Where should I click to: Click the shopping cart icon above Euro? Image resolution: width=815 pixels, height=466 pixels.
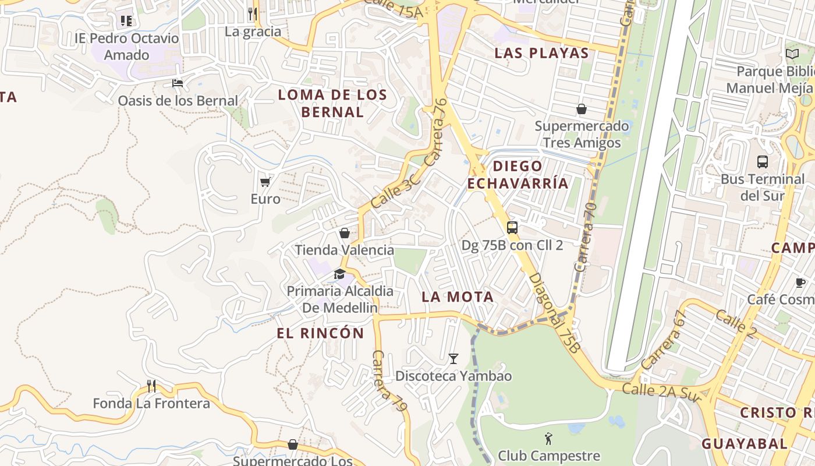pos(265,182)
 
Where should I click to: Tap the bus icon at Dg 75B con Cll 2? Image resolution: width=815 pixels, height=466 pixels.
pos(512,228)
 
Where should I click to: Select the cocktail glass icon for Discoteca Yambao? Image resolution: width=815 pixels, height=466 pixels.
pos(453,359)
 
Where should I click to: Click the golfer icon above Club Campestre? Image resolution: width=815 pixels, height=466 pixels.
pos(548,438)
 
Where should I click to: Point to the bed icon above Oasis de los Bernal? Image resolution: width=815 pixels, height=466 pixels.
pos(178,83)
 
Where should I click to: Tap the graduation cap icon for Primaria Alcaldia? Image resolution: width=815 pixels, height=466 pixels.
pos(339,274)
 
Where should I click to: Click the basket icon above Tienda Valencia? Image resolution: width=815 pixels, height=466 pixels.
pos(345,233)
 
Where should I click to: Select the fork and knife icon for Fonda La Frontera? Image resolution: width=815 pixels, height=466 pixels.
pos(151,386)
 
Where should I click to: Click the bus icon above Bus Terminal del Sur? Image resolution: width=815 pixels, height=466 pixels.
pos(762,162)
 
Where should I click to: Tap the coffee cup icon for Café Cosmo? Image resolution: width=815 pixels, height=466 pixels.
pos(800,283)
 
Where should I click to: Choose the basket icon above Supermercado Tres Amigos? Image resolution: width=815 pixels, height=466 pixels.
pos(581,109)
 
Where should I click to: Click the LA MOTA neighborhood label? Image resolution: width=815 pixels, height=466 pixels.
pos(458,296)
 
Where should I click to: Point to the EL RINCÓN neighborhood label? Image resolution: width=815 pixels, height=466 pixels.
pos(320,333)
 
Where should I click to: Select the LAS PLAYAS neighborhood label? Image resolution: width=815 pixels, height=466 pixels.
pos(541,53)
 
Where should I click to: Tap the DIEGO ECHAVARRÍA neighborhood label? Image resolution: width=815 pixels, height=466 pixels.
pos(518,175)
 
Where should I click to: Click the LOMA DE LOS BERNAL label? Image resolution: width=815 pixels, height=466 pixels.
pos(332,103)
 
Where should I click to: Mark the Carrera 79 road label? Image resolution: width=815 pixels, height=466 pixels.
pos(389,381)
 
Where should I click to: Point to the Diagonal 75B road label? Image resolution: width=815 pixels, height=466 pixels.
pos(555,313)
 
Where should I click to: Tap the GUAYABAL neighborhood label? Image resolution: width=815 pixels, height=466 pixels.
pos(745,443)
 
